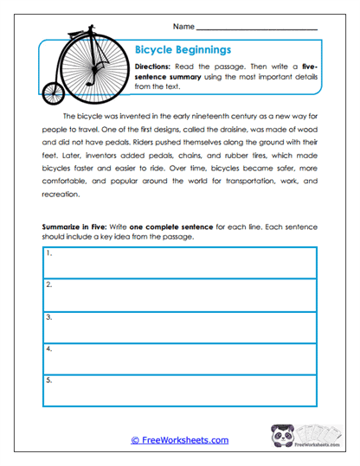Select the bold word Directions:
point(157,66)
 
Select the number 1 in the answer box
point(49,253)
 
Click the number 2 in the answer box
point(49,284)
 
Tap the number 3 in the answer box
point(49,317)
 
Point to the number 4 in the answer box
point(49,349)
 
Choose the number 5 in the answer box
point(49,380)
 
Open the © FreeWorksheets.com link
point(179,440)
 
